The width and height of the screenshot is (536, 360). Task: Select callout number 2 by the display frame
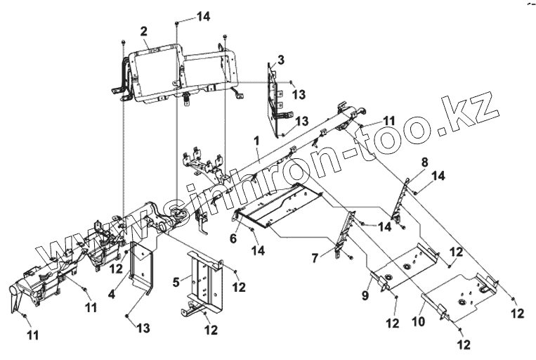(x=143, y=31)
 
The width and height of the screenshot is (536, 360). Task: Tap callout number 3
(x=280, y=60)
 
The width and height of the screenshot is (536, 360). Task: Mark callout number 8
(x=424, y=162)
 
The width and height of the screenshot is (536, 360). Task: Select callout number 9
(x=365, y=295)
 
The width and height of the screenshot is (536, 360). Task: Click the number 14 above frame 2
(x=184, y=15)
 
